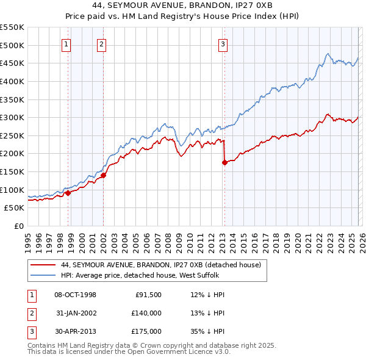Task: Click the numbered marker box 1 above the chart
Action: point(65,43)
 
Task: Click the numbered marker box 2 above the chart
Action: point(101,43)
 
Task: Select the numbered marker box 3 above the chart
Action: point(223,43)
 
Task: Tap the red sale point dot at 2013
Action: point(224,162)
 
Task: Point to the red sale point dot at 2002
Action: point(103,175)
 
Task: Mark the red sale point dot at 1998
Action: point(68,193)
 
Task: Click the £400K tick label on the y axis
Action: point(12,81)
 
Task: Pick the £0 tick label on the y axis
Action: point(18,226)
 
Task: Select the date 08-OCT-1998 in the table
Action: point(75,295)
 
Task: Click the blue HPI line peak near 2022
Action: point(328,54)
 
